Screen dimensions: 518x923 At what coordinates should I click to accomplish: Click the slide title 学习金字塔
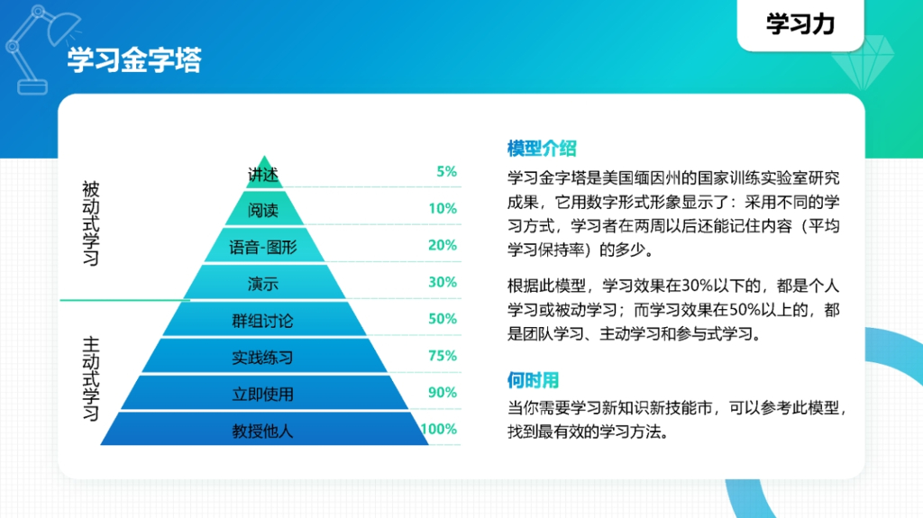[134, 60]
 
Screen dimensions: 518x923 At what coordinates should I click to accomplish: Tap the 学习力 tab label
[800, 24]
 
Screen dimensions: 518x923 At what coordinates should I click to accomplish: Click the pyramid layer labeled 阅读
[263, 210]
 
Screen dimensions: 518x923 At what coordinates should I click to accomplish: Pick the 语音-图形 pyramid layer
[263, 247]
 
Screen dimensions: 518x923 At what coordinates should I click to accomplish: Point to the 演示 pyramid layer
[263, 284]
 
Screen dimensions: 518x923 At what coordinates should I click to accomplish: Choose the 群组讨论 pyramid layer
[263, 321]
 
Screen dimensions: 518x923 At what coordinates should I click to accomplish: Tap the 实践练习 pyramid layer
[263, 358]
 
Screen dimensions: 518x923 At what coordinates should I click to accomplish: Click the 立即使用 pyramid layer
[263, 395]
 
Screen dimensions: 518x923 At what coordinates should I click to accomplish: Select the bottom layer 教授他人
[263, 432]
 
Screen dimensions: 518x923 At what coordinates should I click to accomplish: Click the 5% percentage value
[446, 171]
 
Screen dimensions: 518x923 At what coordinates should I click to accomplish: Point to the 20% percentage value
[443, 245]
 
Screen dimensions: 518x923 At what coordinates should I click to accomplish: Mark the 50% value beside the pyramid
[443, 319]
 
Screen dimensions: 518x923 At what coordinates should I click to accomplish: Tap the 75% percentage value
[443, 356]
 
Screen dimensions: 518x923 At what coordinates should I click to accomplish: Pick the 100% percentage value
[439, 430]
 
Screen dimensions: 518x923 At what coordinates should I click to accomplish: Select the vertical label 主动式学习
[91, 378]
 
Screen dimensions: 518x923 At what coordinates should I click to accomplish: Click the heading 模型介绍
[542, 149]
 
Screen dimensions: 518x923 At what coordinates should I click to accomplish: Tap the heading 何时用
[534, 379]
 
